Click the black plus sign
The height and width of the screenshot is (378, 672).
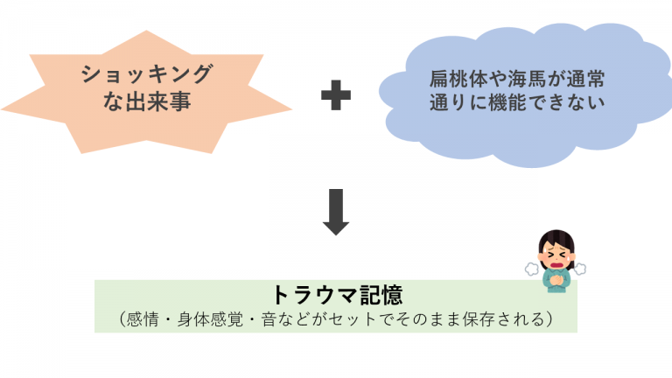click(x=336, y=94)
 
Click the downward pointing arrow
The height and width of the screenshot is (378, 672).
click(x=336, y=212)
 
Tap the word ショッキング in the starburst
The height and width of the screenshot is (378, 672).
click(x=147, y=73)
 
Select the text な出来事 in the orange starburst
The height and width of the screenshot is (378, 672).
click(x=147, y=101)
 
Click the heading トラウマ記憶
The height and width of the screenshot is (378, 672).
click(x=338, y=295)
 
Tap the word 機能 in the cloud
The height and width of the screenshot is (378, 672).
click(x=507, y=103)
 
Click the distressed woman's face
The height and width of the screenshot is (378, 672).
click(x=556, y=255)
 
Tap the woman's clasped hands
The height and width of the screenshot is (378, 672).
click(x=556, y=280)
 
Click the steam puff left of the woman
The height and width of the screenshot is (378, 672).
click(x=532, y=269)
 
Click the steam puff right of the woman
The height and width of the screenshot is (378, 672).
click(x=580, y=269)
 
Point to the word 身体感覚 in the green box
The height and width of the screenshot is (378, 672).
click(x=210, y=319)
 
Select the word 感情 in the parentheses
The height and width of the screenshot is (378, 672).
click(x=143, y=319)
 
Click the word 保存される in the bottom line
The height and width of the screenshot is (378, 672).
click(x=504, y=319)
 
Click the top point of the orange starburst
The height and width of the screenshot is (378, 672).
click(x=146, y=31)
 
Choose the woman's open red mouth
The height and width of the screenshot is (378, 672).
click(x=556, y=264)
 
